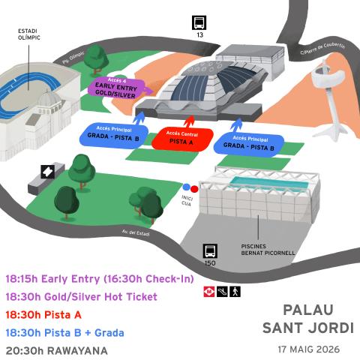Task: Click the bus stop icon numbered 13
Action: [199, 22]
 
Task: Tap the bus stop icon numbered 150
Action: [210, 250]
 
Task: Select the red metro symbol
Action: [209, 292]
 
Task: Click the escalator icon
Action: [222, 292]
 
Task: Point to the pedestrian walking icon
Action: [235, 292]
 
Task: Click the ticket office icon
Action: [48, 172]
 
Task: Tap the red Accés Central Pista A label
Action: [182, 139]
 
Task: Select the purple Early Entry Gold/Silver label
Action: [116, 88]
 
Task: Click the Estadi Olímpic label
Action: [29, 34]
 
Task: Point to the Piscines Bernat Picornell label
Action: [268, 250]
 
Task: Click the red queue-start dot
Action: [194, 189]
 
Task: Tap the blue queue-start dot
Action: [187, 187]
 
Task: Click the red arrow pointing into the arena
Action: [189, 122]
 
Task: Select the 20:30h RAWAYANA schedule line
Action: [57, 351]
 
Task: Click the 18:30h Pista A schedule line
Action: [43, 315]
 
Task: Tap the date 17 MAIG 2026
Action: [309, 349]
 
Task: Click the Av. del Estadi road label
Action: [136, 232]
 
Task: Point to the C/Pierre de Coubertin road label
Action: [322, 48]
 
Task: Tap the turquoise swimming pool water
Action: [268, 183]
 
